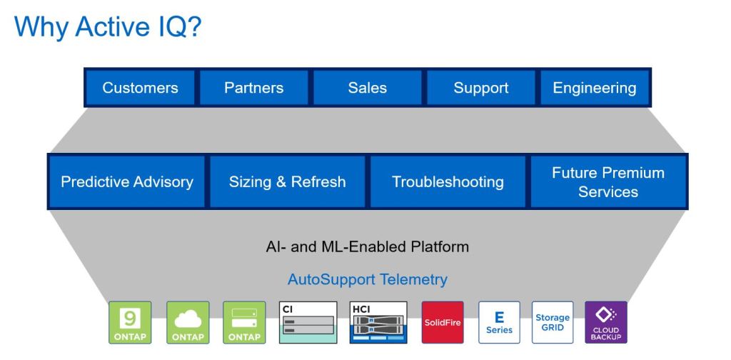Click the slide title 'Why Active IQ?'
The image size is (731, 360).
pos(108,27)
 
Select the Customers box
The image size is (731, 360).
pos(140,88)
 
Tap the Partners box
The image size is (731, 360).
pos(253,88)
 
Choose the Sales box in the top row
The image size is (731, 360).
pos(367,88)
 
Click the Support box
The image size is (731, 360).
pos(481,88)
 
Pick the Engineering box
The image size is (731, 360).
pos(594,88)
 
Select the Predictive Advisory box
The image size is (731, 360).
pos(127,182)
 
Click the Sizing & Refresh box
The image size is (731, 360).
pos(287,182)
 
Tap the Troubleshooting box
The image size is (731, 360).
pos(448,182)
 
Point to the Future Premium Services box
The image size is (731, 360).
pos(608,182)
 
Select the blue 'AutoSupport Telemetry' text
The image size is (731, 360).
pos(367,279)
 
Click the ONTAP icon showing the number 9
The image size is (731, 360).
pos(130,322)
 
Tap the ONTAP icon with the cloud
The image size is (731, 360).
pos(188,322)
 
